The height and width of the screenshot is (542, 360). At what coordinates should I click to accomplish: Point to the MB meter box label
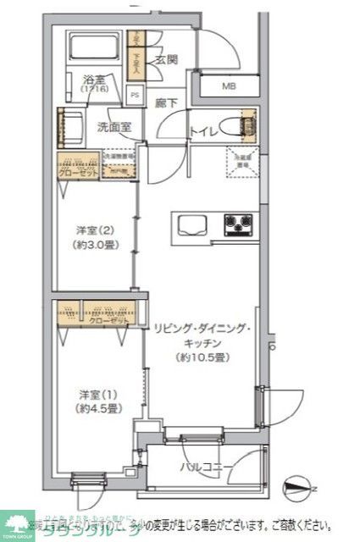(x=230, y=86)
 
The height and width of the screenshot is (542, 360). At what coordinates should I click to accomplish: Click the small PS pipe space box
(x=136, y=96)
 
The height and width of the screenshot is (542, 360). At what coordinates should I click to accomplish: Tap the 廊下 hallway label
(x=166, y=103)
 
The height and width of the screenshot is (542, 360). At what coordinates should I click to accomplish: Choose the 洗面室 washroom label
(x=113, y=130)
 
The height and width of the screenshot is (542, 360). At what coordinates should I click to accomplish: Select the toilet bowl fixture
(x=247, y=127)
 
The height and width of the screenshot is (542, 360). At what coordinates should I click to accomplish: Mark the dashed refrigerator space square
(x=241, y=162)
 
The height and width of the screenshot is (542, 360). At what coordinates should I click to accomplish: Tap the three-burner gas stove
(x=239, y=224)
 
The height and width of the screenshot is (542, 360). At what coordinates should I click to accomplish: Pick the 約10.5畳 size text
(x=201, y=357)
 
